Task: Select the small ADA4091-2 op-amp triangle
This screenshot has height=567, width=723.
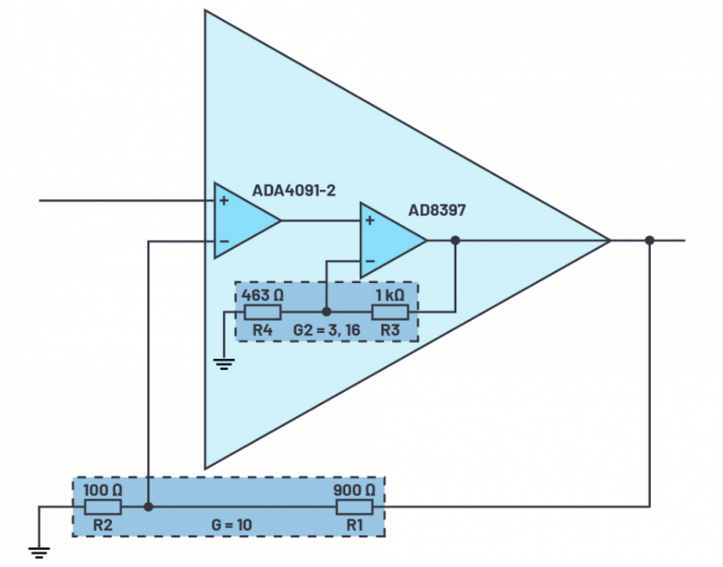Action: (x=243, y=221)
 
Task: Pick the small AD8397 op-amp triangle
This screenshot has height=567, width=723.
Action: (x=390, y=241)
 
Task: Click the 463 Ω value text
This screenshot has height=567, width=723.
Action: (x=262, y=295)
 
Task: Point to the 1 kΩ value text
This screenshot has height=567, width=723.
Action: (x=390, y=295)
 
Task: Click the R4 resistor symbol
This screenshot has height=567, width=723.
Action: (x=263, y=313)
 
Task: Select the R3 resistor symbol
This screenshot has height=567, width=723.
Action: (x=390, y=313)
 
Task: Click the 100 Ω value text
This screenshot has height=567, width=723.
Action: (x=102, y=489)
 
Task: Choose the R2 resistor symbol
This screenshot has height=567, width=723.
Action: (x=102, y=506)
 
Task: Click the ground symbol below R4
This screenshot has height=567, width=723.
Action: (x=223, y=364)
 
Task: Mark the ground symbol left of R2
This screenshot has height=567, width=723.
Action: (x=38, y=550)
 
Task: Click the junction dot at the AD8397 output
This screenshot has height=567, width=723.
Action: (x=455, y=241)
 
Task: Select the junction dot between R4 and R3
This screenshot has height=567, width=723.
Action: (x=326, y=313)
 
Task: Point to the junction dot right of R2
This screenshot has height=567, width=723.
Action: (x=148, y=506)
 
